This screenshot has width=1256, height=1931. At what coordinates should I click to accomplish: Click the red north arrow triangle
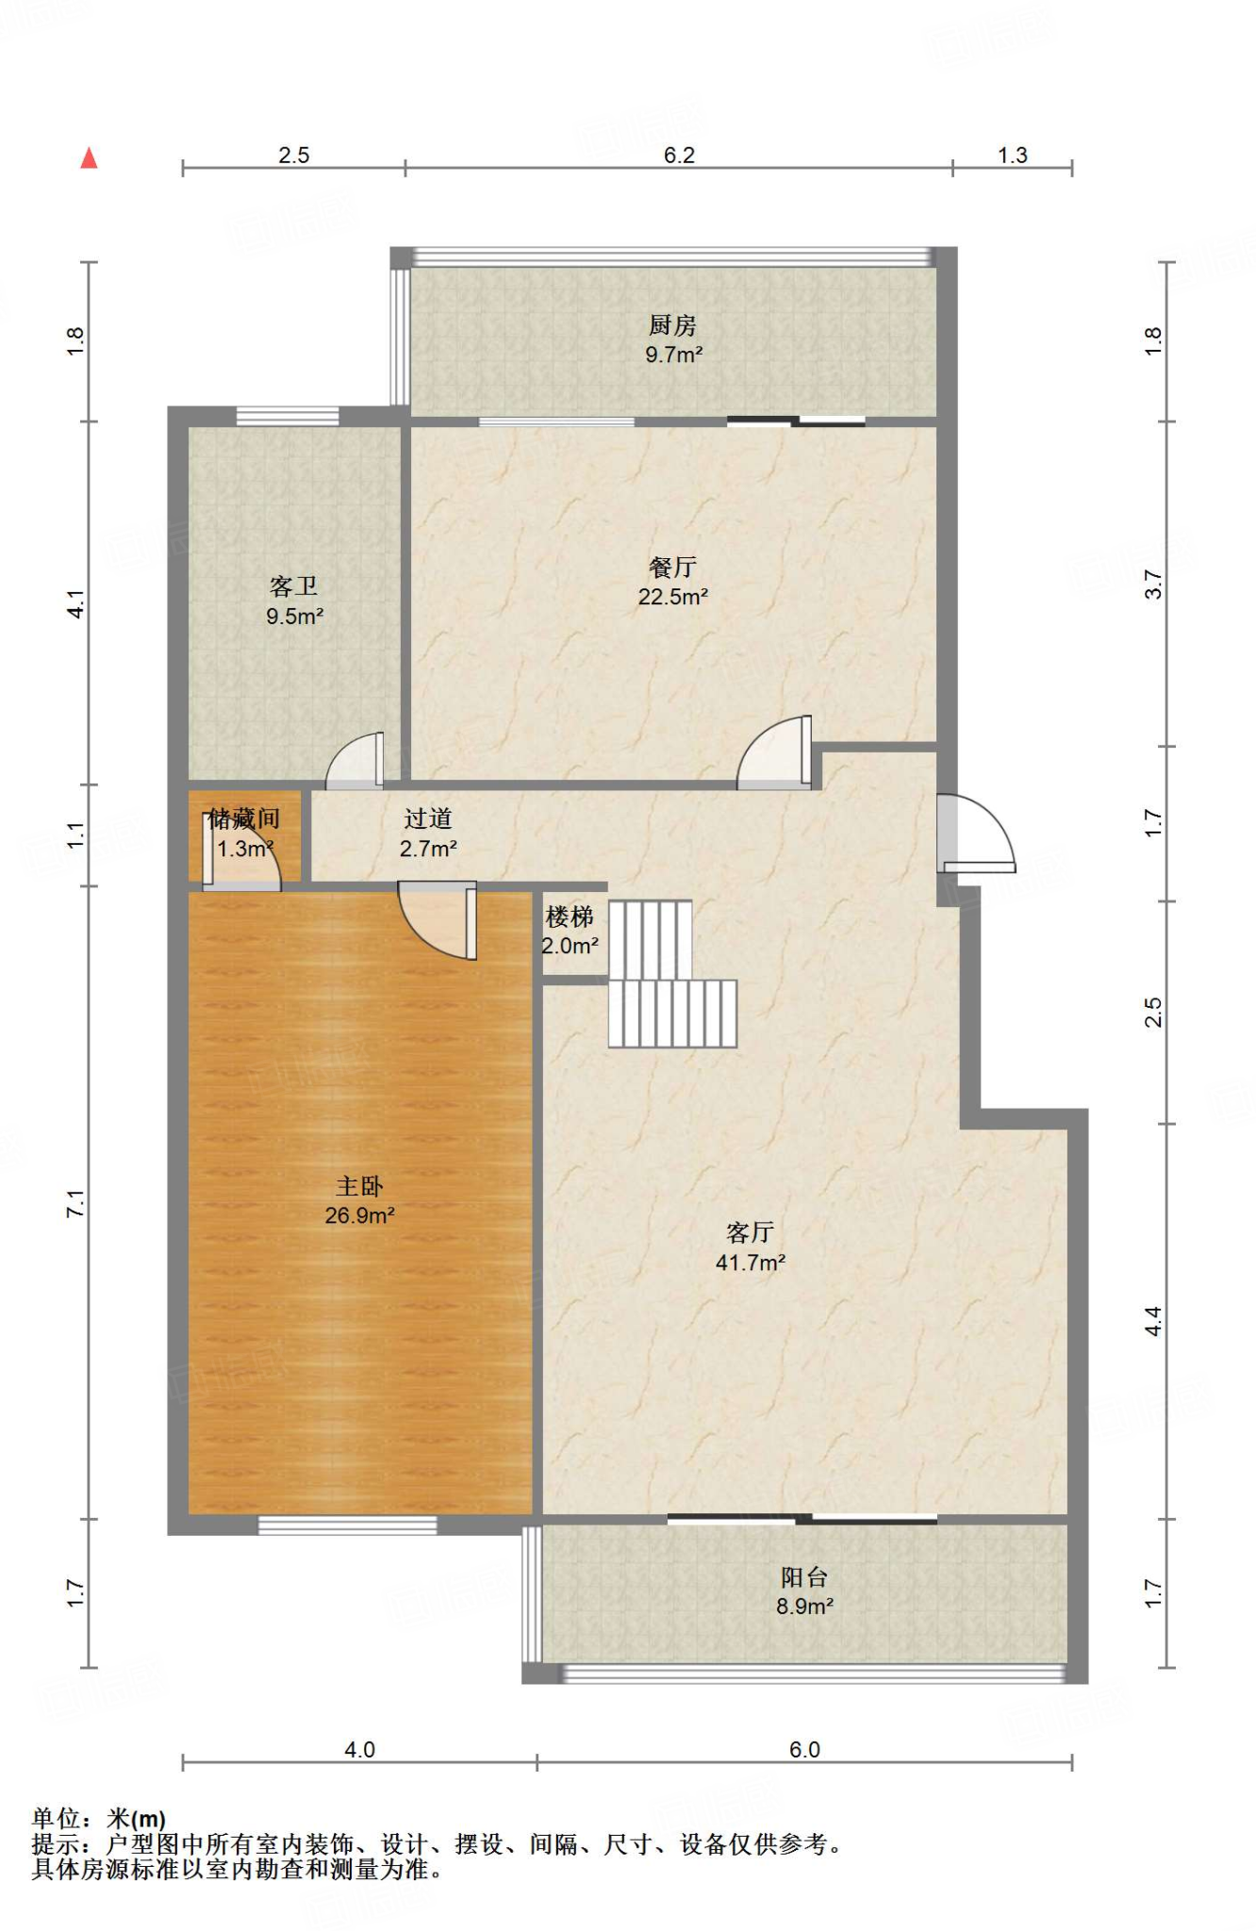coord(89,157)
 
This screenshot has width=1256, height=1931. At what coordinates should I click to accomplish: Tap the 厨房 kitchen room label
coord(672,325)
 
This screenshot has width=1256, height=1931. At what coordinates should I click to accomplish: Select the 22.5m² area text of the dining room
coord(672,597)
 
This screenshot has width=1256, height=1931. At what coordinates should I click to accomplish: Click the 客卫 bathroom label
coord(293,586)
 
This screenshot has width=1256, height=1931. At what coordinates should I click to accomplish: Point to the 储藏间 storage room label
coord(244,818)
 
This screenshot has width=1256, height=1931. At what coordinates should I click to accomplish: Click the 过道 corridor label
coord(428,818)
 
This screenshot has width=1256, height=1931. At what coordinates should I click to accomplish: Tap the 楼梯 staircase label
coord(570,916)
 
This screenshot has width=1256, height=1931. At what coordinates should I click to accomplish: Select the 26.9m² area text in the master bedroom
coord(359,1216)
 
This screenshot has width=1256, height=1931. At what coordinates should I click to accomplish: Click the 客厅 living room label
coord(751,1232)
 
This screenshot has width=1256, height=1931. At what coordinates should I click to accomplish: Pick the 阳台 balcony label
coord(804,1576)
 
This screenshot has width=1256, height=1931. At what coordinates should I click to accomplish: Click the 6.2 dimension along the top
coord(679,155)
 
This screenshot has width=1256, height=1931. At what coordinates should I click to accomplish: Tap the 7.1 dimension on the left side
coord(75,1203)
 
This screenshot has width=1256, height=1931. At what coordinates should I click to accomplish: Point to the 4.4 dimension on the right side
coord(1153,1321)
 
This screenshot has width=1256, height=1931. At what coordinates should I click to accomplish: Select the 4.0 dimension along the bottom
coord(359,1749)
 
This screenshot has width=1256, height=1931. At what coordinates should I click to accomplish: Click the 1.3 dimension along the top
coord(1013,155)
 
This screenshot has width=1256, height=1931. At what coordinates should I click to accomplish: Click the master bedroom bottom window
coord(348,1525)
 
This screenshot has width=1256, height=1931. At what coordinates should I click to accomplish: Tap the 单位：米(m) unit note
coord(99,1818)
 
